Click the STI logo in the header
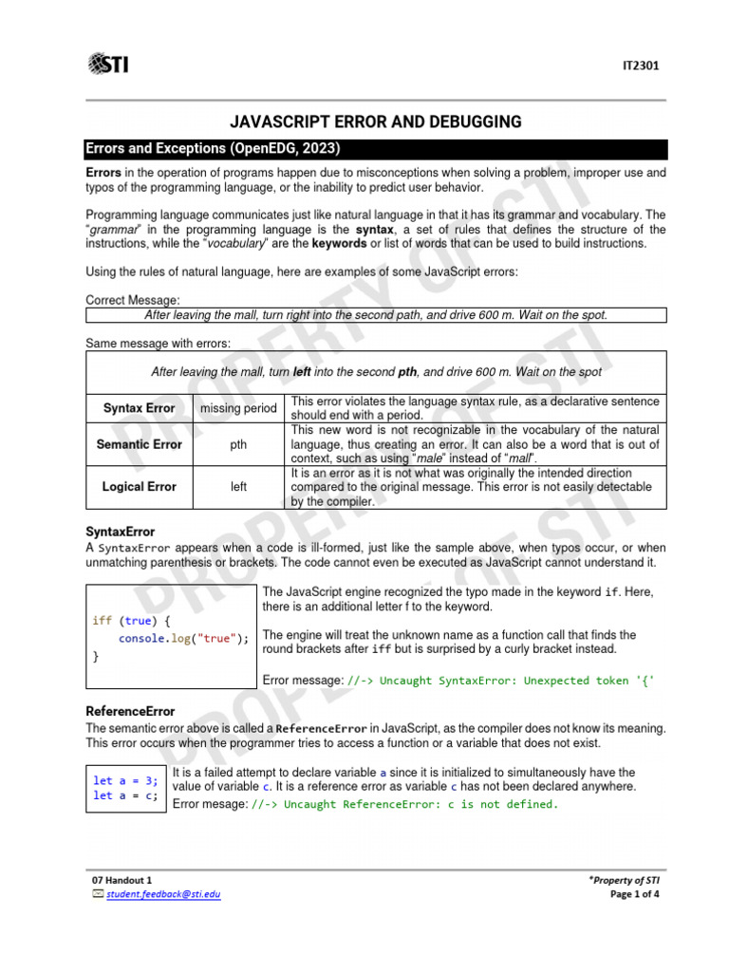pos(108,64)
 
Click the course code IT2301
pos(641,66)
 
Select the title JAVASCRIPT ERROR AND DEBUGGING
pos(377,121)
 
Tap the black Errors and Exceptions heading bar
pos(376,149)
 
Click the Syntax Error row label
pos(140,408)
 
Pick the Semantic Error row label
pos(140,443)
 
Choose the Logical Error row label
pos(140,486)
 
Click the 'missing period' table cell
pos(238,408)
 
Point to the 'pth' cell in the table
pos(238,443)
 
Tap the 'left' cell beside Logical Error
pos(238,486)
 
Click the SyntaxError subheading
pos(121,532)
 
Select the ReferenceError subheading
pos(130,711)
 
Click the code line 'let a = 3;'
pos(124,780)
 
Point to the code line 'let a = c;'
pos(124,795)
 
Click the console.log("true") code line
pos(183,638)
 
